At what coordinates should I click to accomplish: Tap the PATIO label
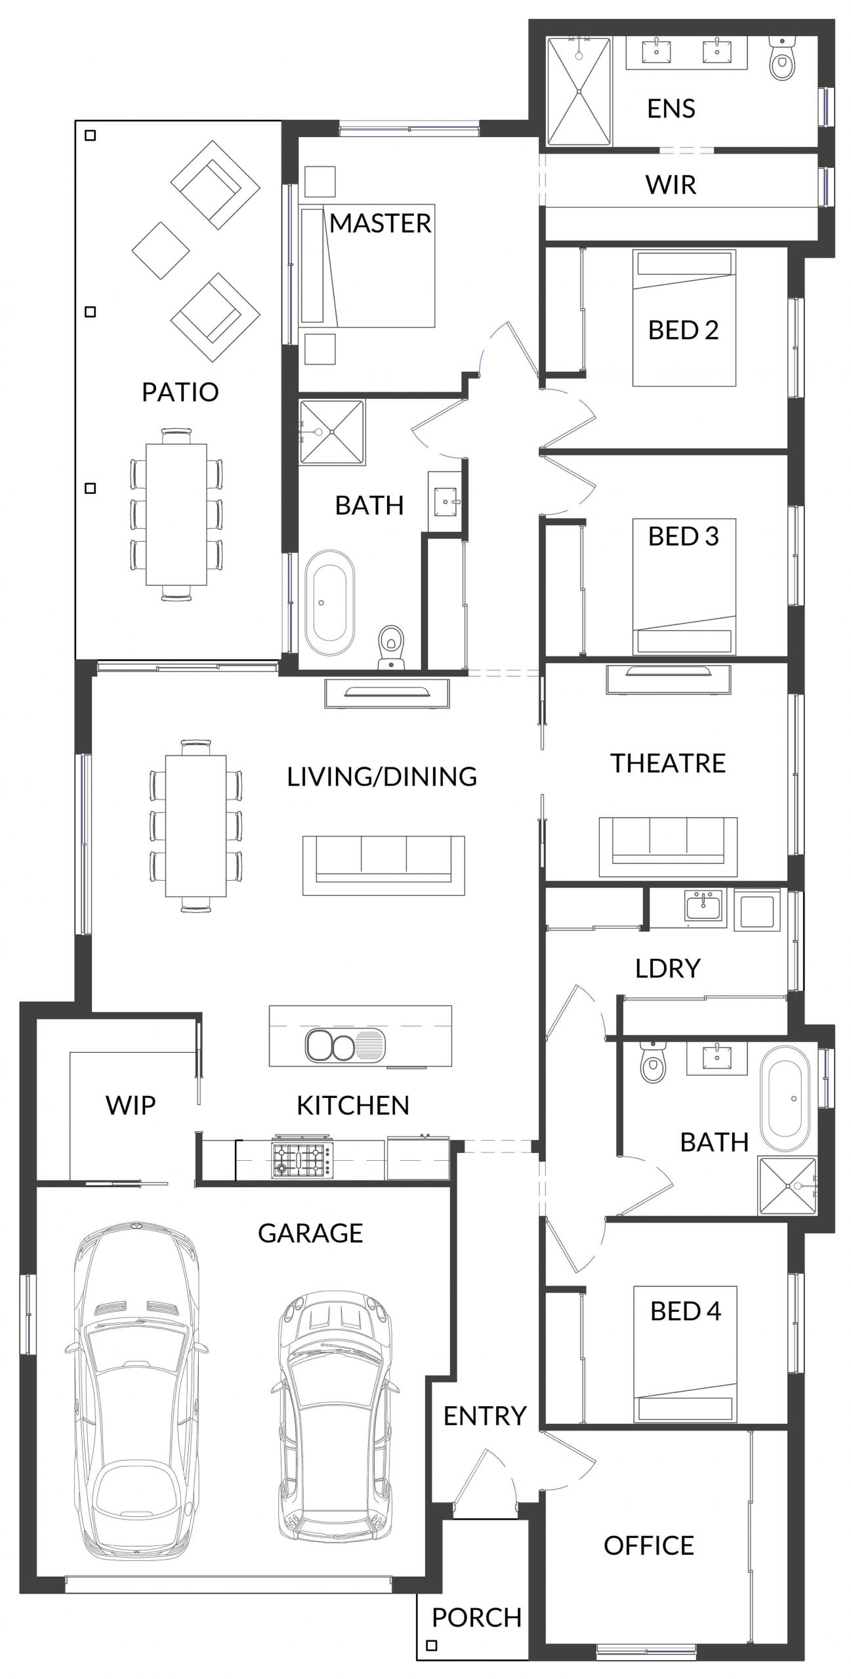pyautogui.click(x=180, y=392)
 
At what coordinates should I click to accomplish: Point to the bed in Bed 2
pyautogui.click(x=684, y=317)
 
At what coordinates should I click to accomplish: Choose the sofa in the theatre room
pyautogui.click(x=668, y=847)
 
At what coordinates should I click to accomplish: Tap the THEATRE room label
pyautogui.click(x=668, y=763)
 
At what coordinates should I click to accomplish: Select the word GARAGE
pyautogui.click(x=310, y=1233)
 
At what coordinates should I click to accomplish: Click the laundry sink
pyautogui.click(x=703, y=908)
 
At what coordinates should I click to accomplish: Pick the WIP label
pyautogui.click(x=131, y=1105)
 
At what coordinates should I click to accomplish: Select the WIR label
pyautogui.click(x=671, y=185)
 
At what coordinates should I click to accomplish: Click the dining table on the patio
pyautogui.click(x=176, y=514)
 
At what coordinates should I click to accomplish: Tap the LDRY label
pyautogui.click(x=668, y=968)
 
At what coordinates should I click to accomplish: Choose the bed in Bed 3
pyautogui.click(x=684, y=587)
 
